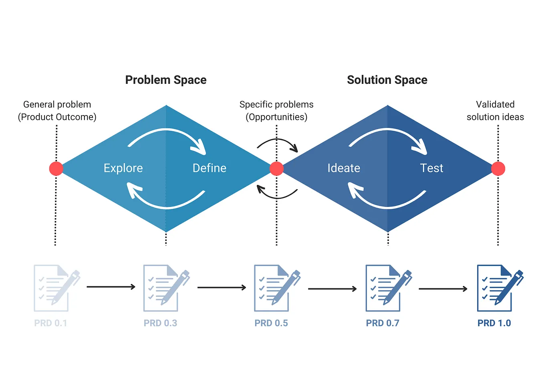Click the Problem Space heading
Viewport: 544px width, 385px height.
[x=166, y=80]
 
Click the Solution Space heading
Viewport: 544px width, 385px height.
[x=387, y=80]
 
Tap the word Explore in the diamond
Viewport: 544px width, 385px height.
[x=123, y=168]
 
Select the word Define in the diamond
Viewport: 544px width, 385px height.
[x=209, y=168]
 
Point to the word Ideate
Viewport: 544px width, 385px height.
[x=344, y=168]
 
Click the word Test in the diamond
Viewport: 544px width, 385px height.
[x=431, y=168]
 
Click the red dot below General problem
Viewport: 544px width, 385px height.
[x=56, y=169]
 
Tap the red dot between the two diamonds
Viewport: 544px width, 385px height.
[x=276, y=169]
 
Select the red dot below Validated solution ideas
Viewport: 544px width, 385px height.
[x=498, y=169]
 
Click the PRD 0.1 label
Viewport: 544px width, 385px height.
[x=50, y=323]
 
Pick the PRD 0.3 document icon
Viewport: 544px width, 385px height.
[x=164, y=288]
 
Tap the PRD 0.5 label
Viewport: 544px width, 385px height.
[x=271, y=323]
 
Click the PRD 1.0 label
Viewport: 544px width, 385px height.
[x=494, y=323]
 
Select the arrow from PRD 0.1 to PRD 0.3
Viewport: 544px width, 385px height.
[x=111, y=287]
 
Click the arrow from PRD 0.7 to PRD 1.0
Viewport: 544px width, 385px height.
[x=443, y=289]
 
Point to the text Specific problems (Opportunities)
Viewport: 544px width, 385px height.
[x=276, y=111]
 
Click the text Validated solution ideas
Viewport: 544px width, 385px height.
[x=495, y=111]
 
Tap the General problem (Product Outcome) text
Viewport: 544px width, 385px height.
[x=57, y=111]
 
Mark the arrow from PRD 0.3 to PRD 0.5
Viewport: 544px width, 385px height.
[x=222, y=288]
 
